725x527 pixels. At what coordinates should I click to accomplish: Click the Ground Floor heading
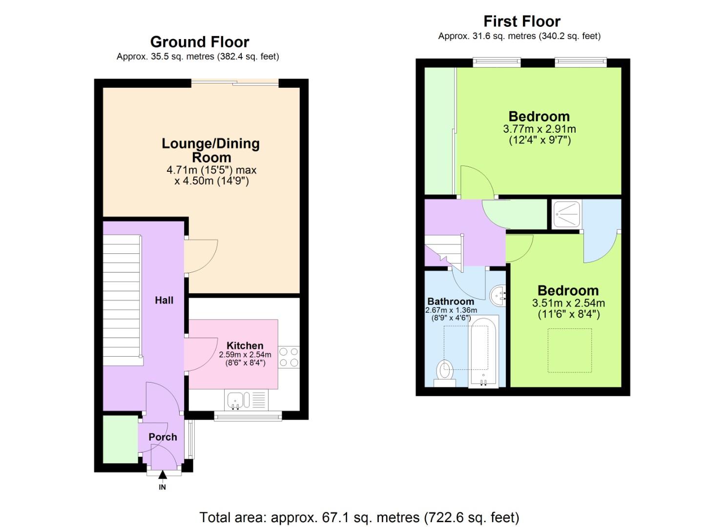point(199,42)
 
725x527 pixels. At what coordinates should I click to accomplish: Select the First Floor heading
point(521,21)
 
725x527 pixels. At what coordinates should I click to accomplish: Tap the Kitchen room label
point(245,346)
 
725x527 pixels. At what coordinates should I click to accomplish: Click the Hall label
point(164,300)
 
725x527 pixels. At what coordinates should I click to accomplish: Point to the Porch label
point(163,437)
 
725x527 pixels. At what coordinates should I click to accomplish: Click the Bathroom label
point(451,301)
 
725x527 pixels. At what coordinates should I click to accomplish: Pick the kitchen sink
point(238,401)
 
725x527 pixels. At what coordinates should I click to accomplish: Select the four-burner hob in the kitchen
point(289,357)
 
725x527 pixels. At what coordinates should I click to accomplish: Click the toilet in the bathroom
point(445,373)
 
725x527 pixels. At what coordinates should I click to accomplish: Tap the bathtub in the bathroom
point(483,351)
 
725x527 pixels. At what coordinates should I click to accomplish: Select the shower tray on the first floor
point(566,214)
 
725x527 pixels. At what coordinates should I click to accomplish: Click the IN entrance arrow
point(162,476)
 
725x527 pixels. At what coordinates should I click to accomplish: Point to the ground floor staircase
point(122,300)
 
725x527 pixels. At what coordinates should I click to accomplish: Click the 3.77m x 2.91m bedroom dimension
point(539,129)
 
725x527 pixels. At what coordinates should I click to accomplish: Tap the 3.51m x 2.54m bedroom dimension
point(568,303)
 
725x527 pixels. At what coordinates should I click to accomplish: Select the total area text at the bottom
point(359,517)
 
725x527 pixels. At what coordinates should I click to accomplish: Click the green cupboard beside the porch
point(120,439)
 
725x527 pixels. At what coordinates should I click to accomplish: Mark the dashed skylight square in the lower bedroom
point(569,350)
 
